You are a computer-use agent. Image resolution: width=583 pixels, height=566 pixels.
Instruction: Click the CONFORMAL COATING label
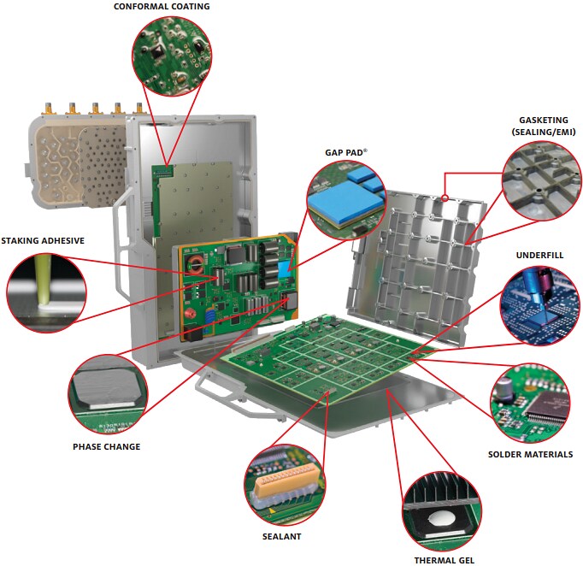162,7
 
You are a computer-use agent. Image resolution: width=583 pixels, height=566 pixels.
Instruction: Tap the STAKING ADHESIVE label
43,240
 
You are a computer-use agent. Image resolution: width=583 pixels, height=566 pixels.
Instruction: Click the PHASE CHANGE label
106,445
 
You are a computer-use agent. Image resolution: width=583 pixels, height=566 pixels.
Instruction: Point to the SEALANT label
281,536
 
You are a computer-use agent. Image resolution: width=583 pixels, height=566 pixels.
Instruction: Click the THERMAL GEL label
444,560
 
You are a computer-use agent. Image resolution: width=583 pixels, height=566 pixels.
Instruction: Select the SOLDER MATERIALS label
530,454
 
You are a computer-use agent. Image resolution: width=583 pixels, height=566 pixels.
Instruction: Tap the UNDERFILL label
539,255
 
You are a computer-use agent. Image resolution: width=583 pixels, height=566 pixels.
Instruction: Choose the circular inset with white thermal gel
443,507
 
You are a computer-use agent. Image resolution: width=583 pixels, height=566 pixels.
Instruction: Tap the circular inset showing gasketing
539,180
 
